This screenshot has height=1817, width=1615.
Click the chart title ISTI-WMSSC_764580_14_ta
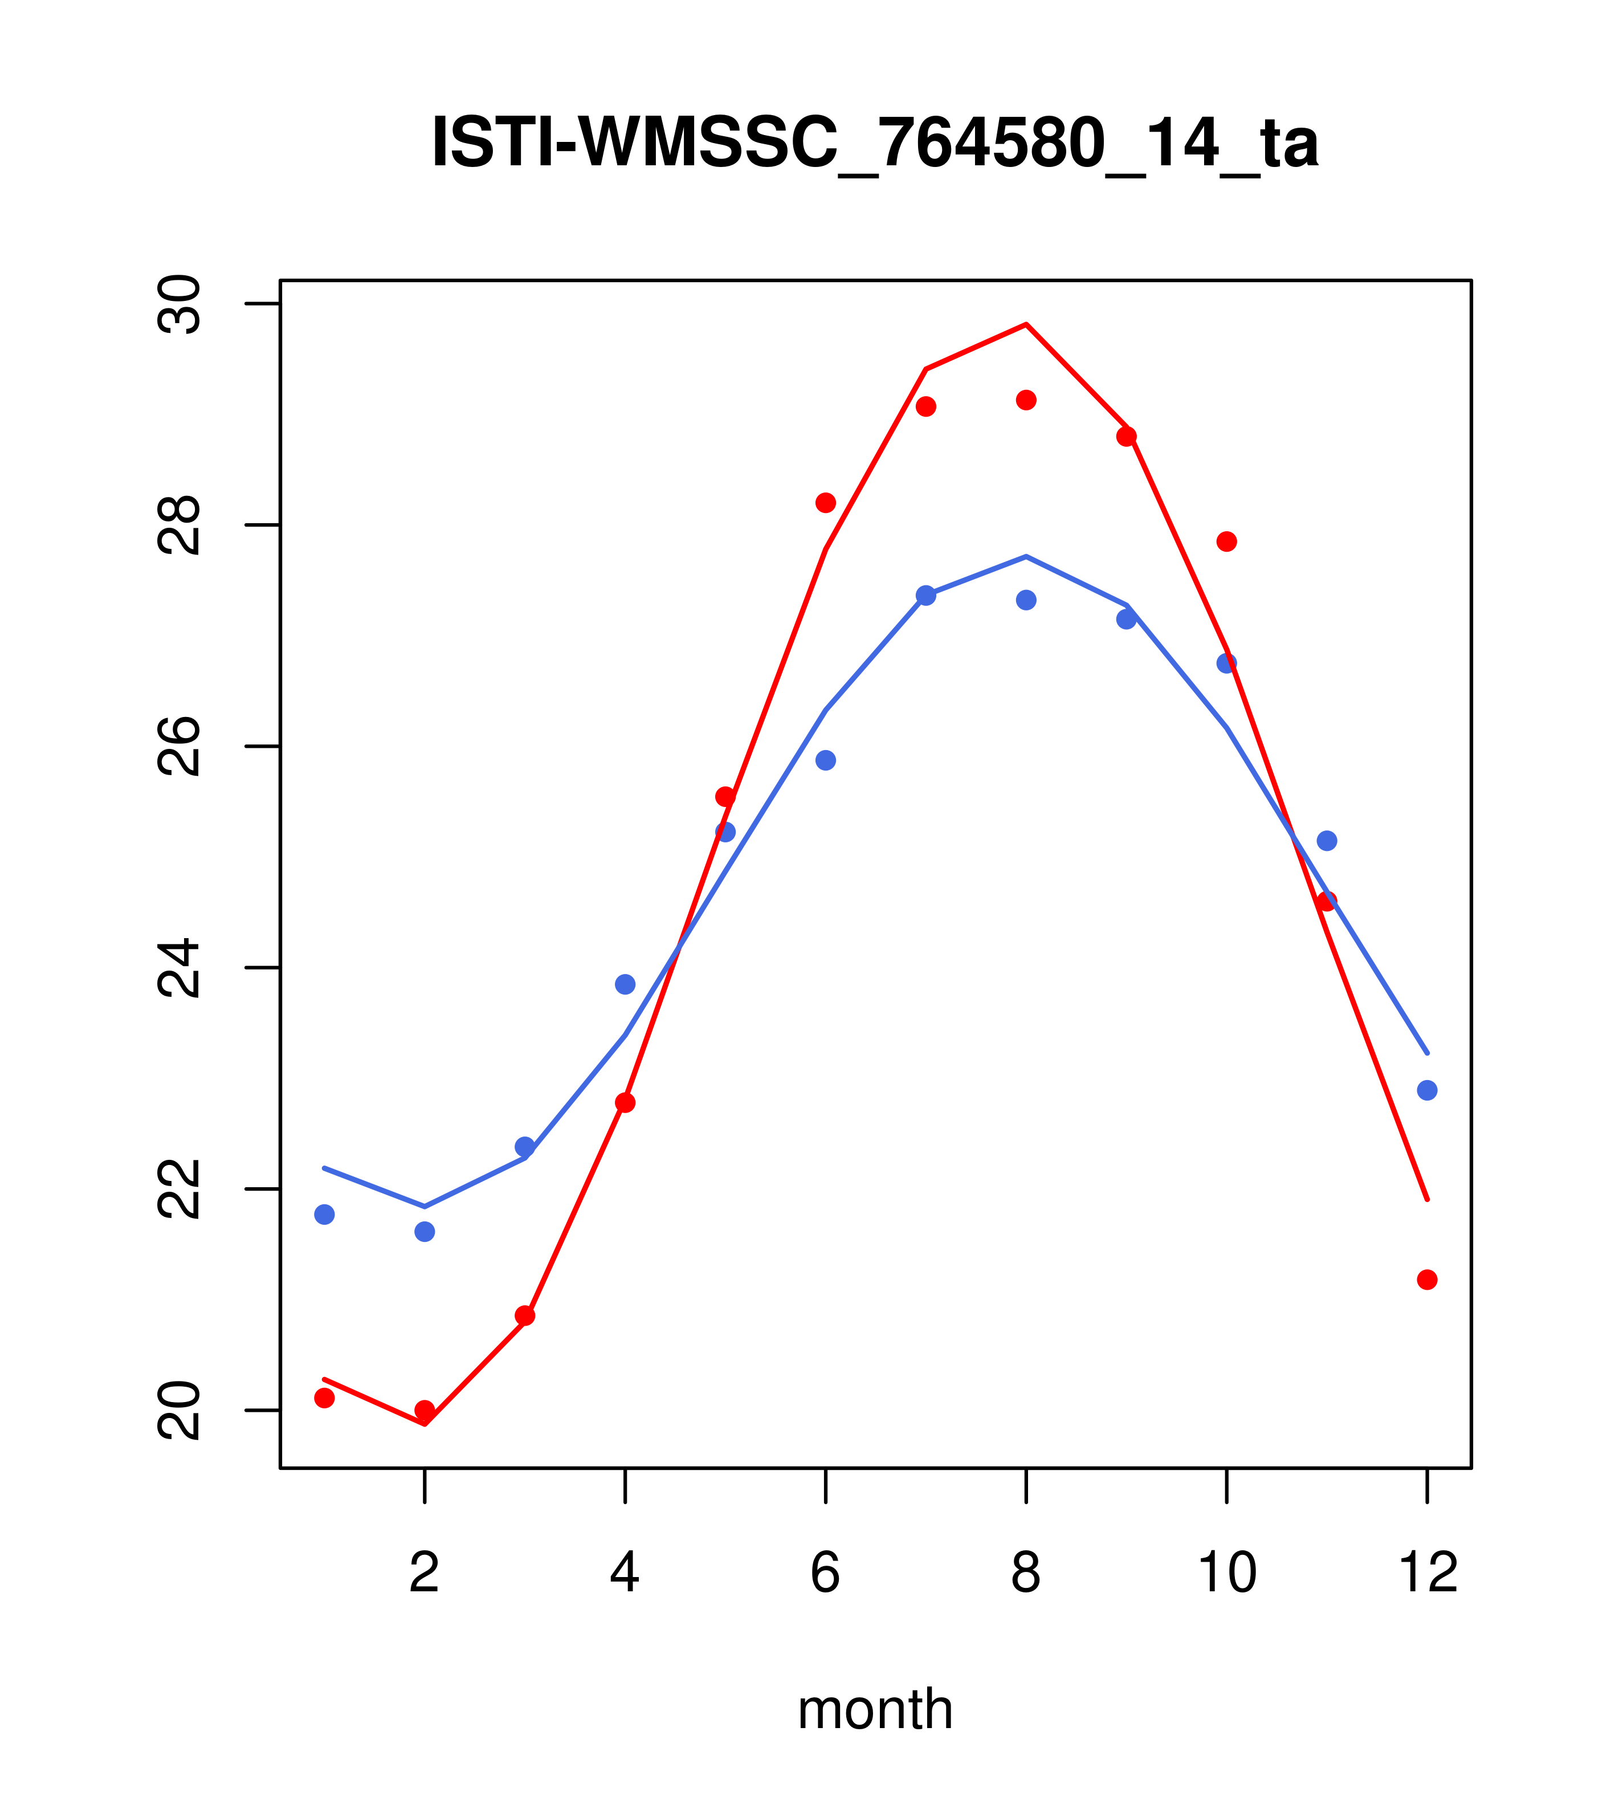875,143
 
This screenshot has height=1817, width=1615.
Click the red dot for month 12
1428,1279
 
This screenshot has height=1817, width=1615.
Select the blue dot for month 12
1428,1090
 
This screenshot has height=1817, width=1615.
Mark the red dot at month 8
1026,400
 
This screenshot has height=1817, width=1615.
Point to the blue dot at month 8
1026,600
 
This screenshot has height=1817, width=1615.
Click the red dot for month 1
324,1398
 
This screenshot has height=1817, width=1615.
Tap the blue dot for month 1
324,1215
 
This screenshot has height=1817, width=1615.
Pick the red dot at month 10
1226,541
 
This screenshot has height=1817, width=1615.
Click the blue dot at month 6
826,760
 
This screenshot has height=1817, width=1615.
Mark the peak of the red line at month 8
1026,324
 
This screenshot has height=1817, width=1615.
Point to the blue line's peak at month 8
1026,556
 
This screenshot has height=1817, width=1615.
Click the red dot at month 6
826,502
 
